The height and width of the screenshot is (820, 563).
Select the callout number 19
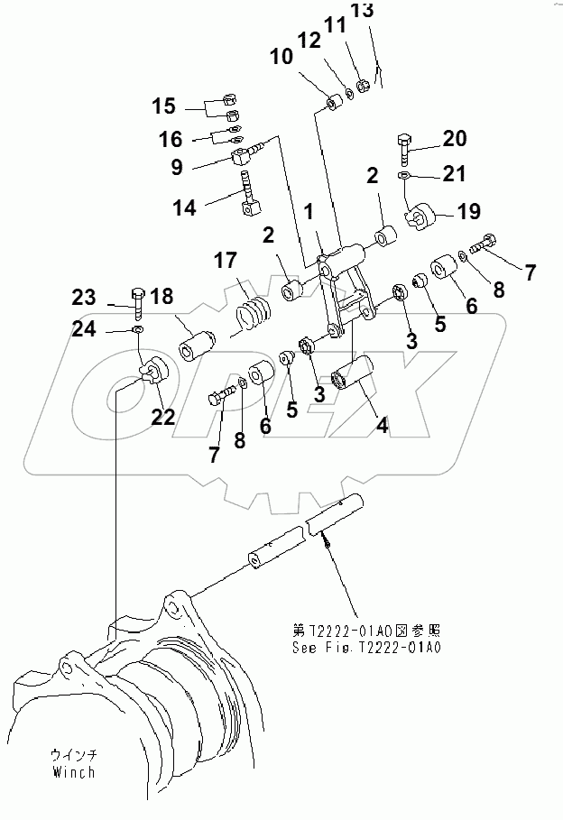point(467,213)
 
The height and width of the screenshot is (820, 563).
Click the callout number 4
point(383,423)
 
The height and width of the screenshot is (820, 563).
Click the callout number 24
point(85,329)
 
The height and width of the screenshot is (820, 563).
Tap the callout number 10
point(281,57)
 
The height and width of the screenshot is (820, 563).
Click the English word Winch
point(72,772)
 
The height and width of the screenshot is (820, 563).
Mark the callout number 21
point(454,173)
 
